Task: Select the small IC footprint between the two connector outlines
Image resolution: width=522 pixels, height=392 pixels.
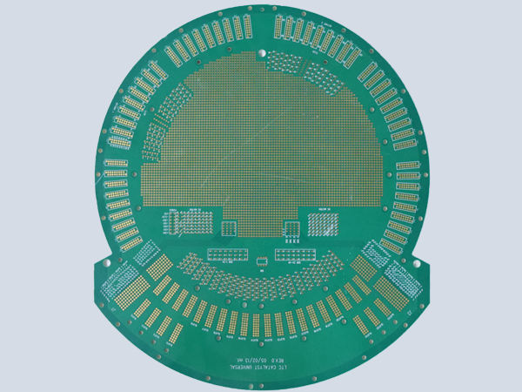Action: (x=260, y=260)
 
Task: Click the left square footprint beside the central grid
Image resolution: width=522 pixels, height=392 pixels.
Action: (x=230, y=228)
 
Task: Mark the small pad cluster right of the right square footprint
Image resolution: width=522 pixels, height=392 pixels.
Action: (x=325, y=224)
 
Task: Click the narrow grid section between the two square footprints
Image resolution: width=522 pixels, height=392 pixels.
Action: (x=260, y=225)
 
